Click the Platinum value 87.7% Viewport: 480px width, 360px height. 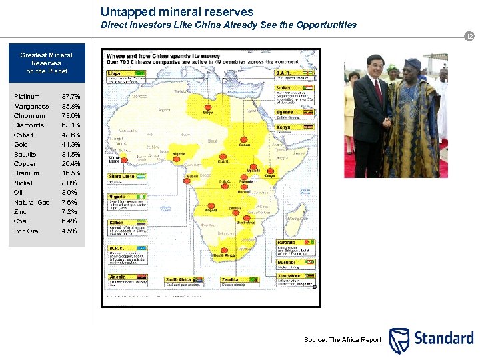pyautogui.click(x=70, y=97)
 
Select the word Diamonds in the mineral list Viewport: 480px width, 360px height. pyautogui.click(x=29, y=125)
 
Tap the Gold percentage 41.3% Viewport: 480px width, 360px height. pyautogui.click(x=70, y=145)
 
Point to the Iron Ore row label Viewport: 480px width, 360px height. pyautogui.click(x=26, y=231)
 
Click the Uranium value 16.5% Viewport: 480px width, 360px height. pyautogui.click(x=70, y=173)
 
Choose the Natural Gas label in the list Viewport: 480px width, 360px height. pyautogui.click(x=31, y=203)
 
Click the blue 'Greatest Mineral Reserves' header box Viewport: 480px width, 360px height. pyautogui.click(x=46, y=63)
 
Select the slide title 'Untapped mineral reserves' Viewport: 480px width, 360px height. pyautogui.click(x=177, y=12)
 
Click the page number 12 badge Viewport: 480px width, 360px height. pyautogui.click(x=469, y=37)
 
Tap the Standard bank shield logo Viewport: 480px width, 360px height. pyautogui.click(x=399, y=340)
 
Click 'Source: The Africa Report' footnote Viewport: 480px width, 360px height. pyautogui.click(x=343, y=340)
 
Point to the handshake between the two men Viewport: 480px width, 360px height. pyautogui.click(x=387, y=123)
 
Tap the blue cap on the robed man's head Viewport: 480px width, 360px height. pyautogui.click(x=413, y=64)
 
